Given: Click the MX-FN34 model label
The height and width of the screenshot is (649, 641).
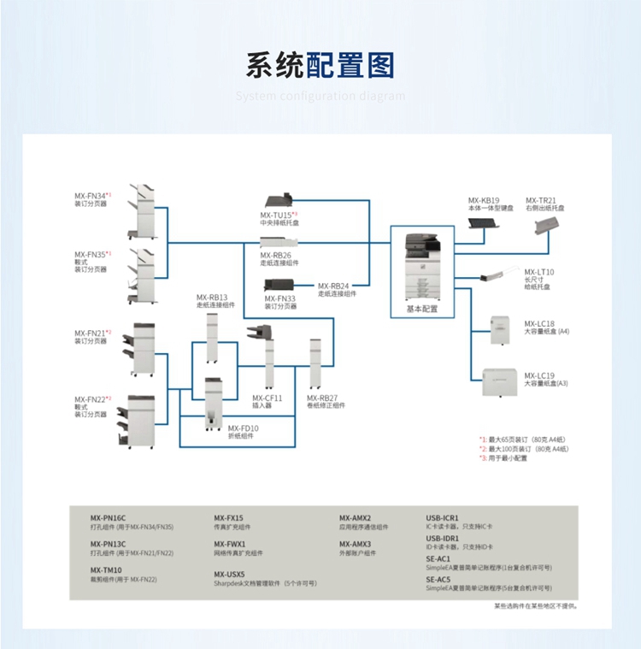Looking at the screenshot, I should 91,196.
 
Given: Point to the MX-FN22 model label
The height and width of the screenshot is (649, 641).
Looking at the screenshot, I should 91,399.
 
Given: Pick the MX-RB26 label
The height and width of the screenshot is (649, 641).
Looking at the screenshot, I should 276,254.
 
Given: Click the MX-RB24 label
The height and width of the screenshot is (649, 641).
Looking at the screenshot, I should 334,286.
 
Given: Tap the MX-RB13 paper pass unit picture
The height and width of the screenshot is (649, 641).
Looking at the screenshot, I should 213,337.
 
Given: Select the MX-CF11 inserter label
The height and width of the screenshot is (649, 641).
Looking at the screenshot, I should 267,398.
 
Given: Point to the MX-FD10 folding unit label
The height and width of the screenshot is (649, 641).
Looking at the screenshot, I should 243,428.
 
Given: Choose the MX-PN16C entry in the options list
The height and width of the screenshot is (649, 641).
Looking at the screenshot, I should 109,517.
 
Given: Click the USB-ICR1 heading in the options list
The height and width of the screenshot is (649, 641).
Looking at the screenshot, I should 443,517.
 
